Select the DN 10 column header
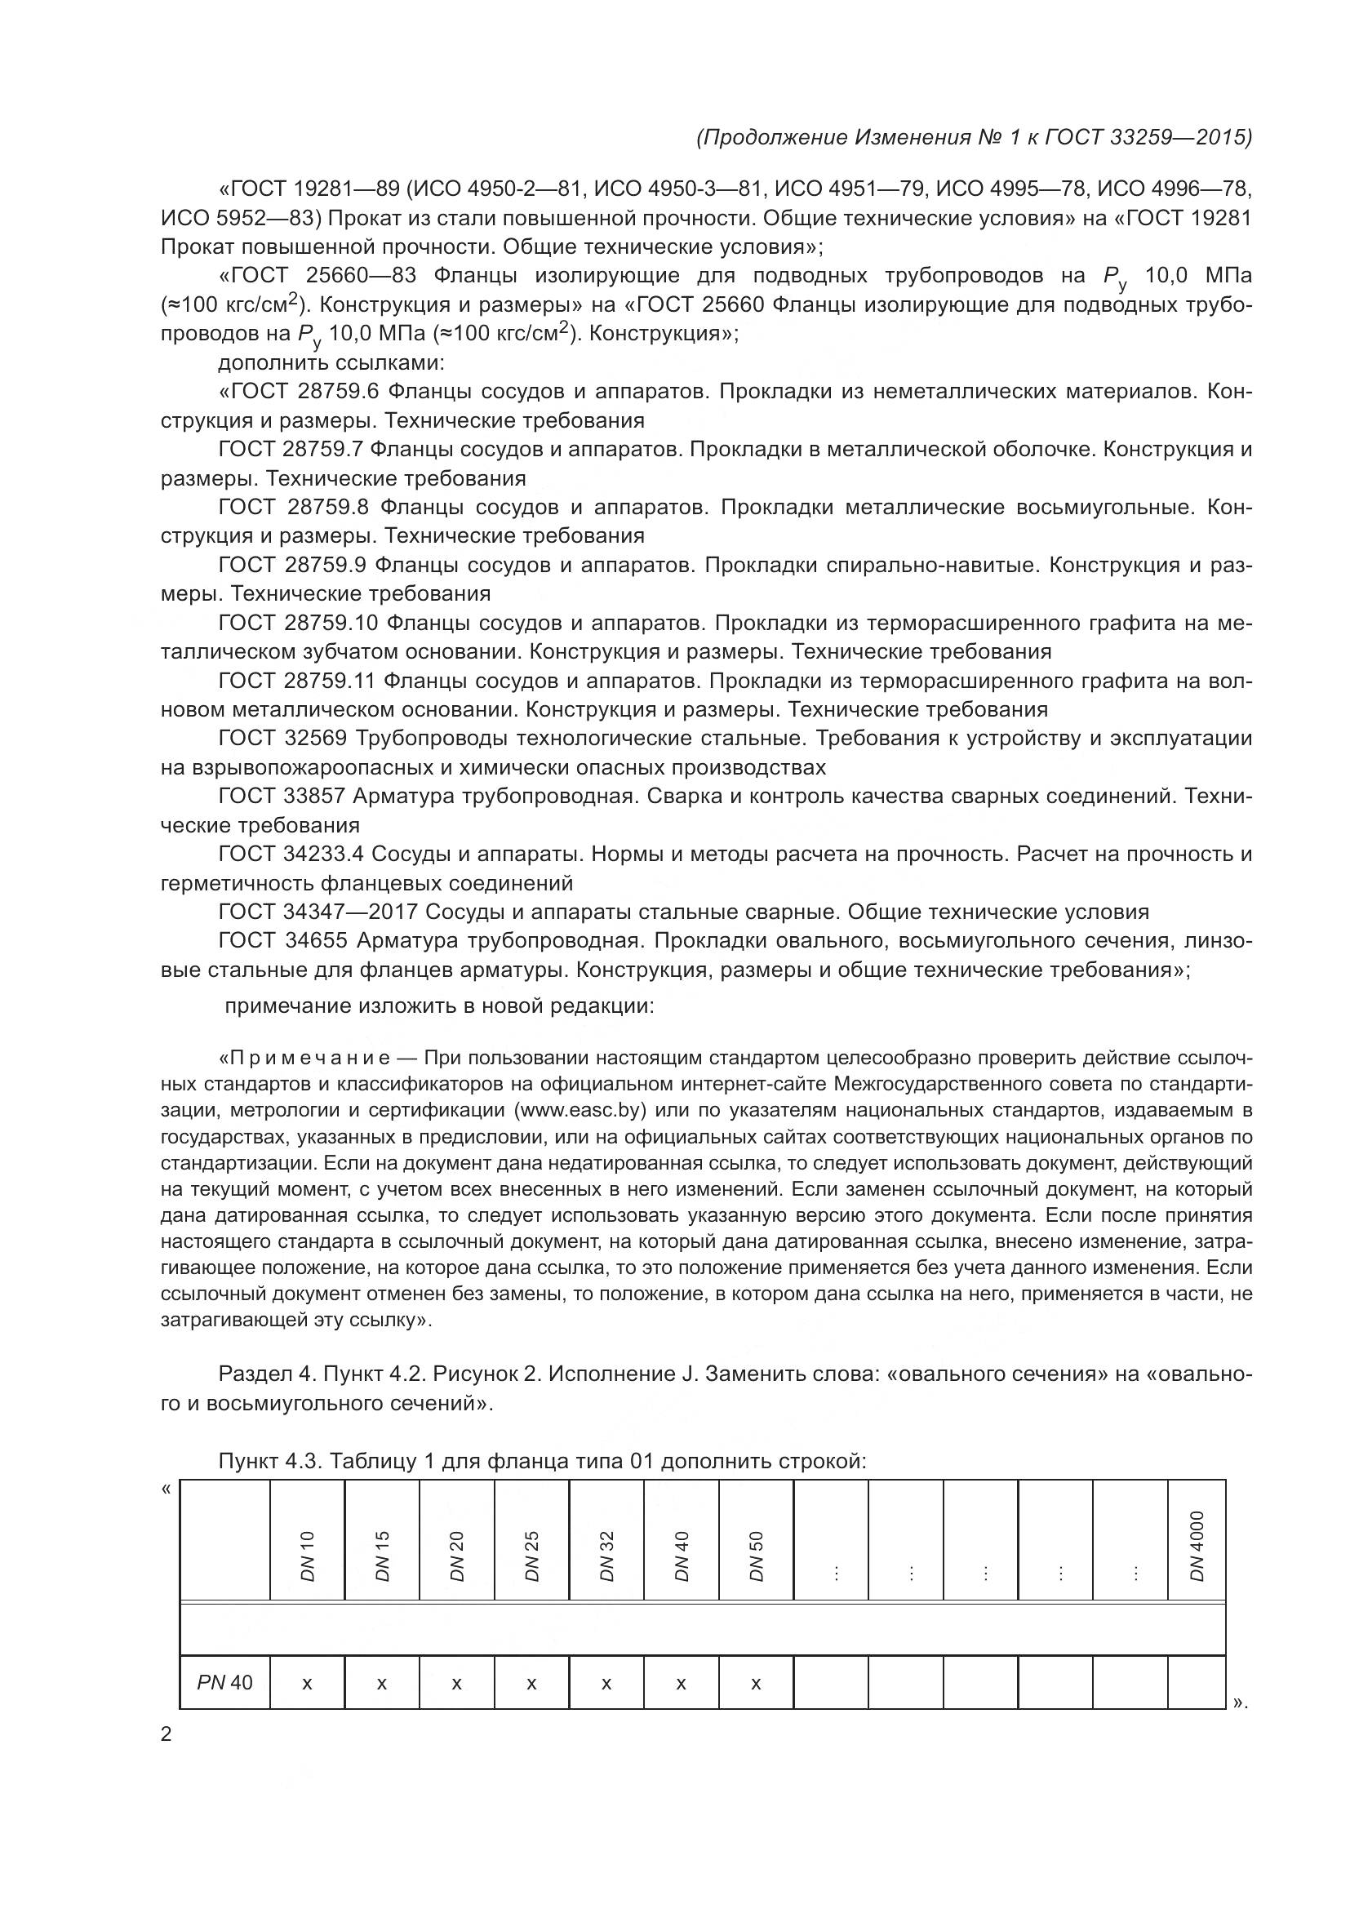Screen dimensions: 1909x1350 [308, 1556]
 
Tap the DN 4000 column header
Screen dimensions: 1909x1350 [1197, 1547]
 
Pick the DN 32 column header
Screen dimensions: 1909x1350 [606, 1556]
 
